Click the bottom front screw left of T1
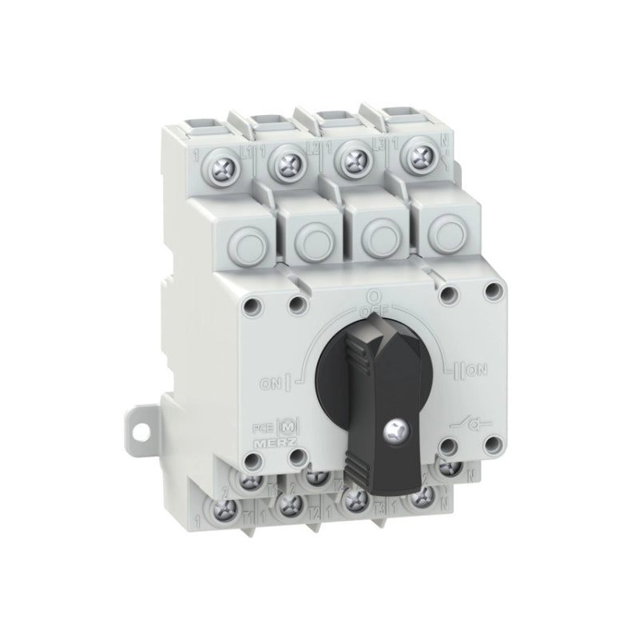227,509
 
